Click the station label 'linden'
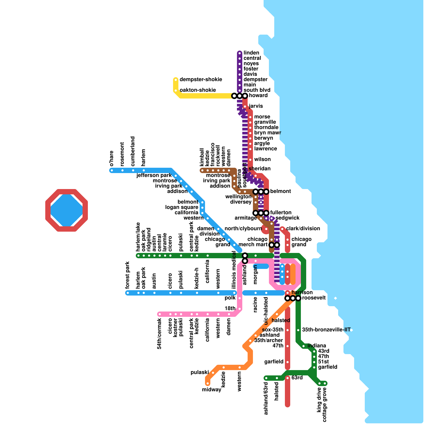[x=251, y=53]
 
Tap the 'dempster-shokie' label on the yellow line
[x=200, y=80]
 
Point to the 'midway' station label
[x=211, y=390]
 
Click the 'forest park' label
[x=128, y=275]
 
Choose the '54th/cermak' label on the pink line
[x=159, y=334]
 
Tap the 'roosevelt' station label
[x=314, y=298]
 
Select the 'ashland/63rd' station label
[x=266, y=399]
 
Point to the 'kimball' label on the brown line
[x=202, y=157]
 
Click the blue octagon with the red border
[x=67, y=210]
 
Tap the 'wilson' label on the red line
[x=262, y=159]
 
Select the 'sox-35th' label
[x=273, y=330]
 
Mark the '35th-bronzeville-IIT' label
[x=326, y=330]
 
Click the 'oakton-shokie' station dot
[x=176, y=91]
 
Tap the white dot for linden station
[x=240, y=53]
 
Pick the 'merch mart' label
[x=253, y=245]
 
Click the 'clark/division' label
[x=303, y=229]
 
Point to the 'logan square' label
[x=182, y=207]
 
